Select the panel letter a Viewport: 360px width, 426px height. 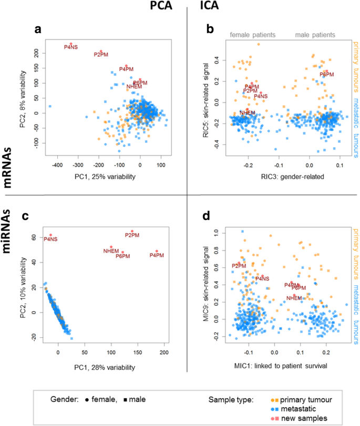click(x=37, y=30)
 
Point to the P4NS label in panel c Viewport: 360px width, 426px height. click(x=50, y=239)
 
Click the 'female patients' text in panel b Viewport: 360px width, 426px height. click(x=253, y=35)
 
